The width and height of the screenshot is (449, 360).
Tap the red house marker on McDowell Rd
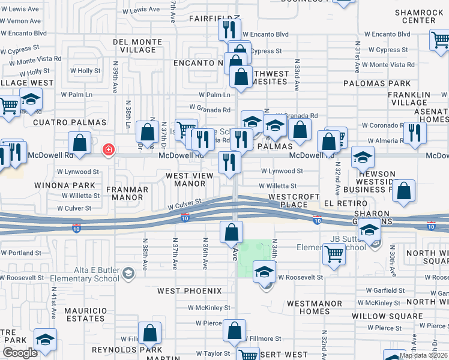click(x=109, y=149)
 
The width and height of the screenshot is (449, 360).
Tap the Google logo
click(x=20, y=353)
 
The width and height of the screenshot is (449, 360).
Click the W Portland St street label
click(x=22, y=253)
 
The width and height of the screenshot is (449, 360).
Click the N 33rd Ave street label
click(x=297, y=74)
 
